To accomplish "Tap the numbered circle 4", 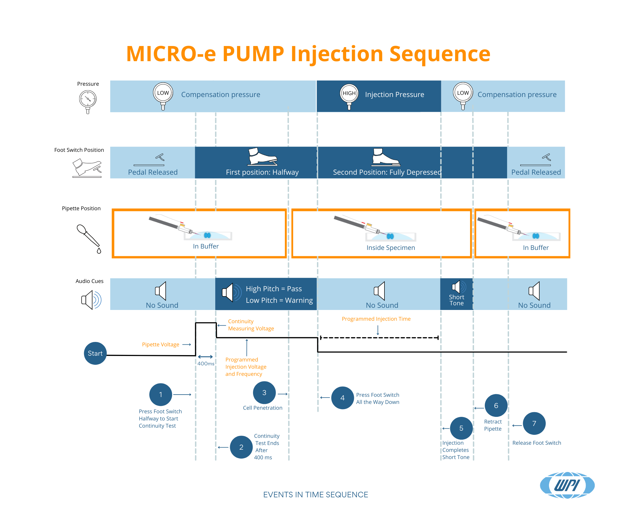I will point(342,398).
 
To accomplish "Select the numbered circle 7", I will point(534,423).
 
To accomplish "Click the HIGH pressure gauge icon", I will point(349,96).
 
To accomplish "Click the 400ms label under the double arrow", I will point(206,364).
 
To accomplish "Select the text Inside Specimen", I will point(391,248).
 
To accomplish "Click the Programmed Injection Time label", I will point(376,319).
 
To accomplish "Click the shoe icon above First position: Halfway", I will point(262,156).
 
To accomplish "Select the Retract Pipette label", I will point(493,425).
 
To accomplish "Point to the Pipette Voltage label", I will point(161,344).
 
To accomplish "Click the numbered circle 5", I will point(461,428).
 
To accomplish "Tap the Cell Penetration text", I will point(262,408).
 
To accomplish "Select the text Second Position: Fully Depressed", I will point(387,172).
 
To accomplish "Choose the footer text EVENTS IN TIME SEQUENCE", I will point(315,495).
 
